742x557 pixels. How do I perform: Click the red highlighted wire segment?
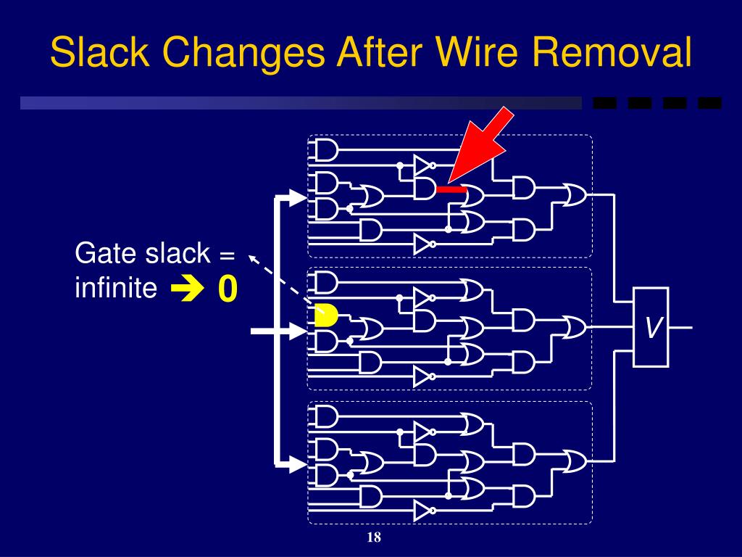(451, 189)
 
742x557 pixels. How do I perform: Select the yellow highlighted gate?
(326, 315)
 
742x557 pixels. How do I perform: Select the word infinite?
(116, 289)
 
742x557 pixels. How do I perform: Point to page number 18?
(374, 537)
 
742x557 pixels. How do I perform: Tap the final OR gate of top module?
(574, 194)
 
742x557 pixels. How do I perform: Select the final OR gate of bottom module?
(574, 461)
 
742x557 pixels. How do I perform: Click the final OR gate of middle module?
(574, 327)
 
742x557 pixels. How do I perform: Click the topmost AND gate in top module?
(326, 150)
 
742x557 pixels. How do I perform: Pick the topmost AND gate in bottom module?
(326, 416)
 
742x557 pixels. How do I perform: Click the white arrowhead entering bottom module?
(297, 462)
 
